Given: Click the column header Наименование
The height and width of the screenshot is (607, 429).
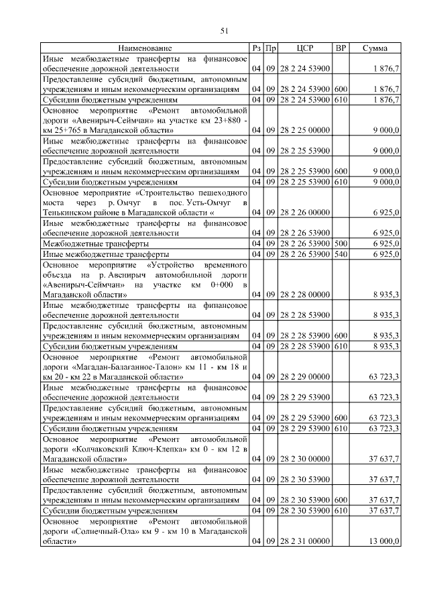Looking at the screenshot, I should (x=145, y=48).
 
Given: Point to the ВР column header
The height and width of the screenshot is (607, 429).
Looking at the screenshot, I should (x=341, y=48).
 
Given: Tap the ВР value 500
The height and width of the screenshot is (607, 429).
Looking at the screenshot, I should (x=341, y=243).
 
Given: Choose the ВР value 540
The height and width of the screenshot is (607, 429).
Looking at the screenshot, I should (x=341, y=254).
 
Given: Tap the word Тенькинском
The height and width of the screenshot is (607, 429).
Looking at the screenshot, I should (x=70, y=213).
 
